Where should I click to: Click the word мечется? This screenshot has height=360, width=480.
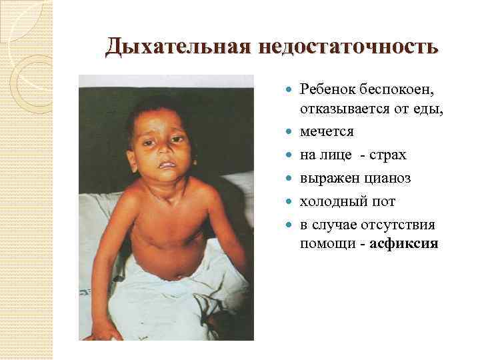tap(327, 132)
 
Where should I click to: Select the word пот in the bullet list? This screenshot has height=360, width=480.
tap(383, 201)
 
